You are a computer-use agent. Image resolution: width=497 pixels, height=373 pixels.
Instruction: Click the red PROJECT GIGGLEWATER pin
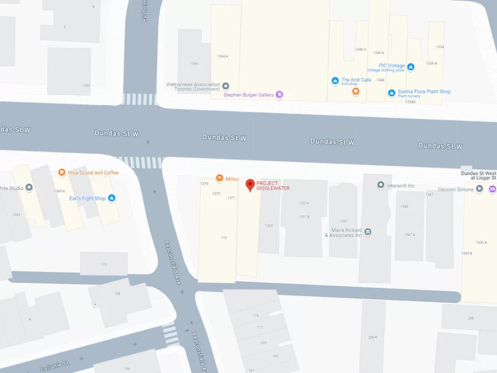[250, 185]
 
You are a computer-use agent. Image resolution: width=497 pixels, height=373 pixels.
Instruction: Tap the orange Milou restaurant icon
[219, 178]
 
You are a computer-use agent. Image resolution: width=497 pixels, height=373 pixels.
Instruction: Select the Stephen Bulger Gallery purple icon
[279, 94]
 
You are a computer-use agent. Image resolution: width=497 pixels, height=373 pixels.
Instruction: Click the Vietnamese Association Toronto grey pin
[225, 87]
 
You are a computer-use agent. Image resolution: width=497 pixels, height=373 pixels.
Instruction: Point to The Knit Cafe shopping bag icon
[335, 81]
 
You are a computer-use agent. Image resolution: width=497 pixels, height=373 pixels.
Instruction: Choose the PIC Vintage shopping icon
[410, 67]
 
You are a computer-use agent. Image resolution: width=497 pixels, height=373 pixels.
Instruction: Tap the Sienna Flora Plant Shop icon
[391, 92]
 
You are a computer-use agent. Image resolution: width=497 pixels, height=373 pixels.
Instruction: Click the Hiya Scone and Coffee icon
[62, 172]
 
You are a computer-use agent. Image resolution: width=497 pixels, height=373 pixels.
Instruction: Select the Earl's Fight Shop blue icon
[112, 198]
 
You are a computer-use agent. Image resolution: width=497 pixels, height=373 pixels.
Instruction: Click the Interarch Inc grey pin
[380, 185]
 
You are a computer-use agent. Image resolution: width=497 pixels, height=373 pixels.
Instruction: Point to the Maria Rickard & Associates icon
[368, 232]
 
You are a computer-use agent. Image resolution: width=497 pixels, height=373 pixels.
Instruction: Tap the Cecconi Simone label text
[456, 189]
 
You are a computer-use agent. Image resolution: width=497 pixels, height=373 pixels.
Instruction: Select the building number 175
[224, 238]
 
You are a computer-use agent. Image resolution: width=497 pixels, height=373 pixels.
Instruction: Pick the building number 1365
[269, 225]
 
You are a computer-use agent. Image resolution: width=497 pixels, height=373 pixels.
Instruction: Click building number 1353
[343, 221]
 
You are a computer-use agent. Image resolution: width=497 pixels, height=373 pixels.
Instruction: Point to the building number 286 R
[373, 337]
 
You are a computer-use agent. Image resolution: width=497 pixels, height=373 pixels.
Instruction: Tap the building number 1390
[86, 86]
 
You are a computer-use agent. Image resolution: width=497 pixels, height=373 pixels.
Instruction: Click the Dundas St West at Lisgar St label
[478, 175]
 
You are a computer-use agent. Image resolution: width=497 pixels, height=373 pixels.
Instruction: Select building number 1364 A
[223, 56]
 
